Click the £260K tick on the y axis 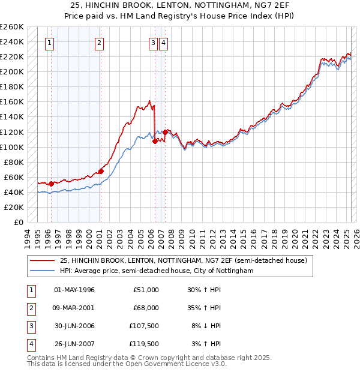pos(12,27)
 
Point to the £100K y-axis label pos(12,147)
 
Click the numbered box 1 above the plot pos(49,43)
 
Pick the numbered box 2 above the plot pos(98,43)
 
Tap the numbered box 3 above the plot pos(154,43)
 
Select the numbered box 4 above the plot pos(163,43)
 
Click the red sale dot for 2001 pos(101,171)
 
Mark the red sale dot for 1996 pos(51,184)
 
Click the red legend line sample pos(43,260)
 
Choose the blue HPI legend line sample pos(43,271)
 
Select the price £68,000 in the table pos(146,308)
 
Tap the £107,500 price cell pos(144,326)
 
